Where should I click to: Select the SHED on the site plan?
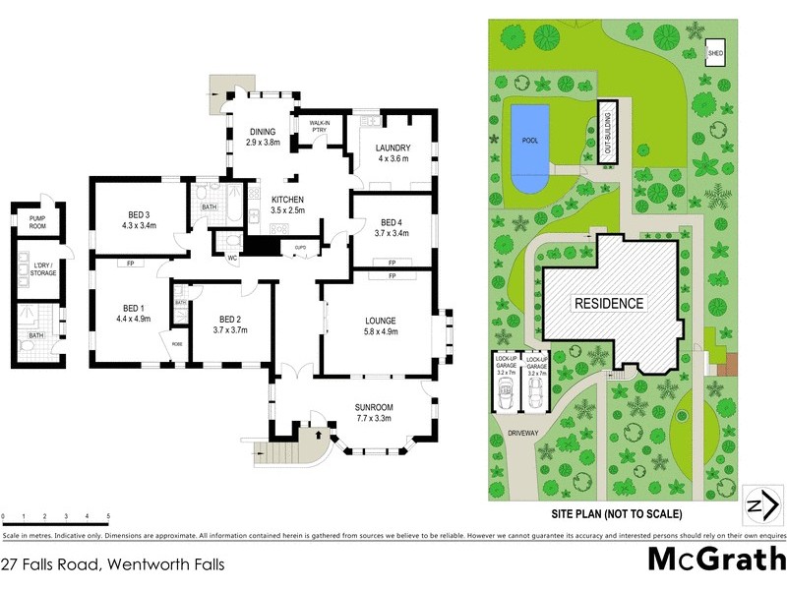pos(715,52)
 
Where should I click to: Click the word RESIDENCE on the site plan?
pos(609,304)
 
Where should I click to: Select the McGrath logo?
pos(715,560)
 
